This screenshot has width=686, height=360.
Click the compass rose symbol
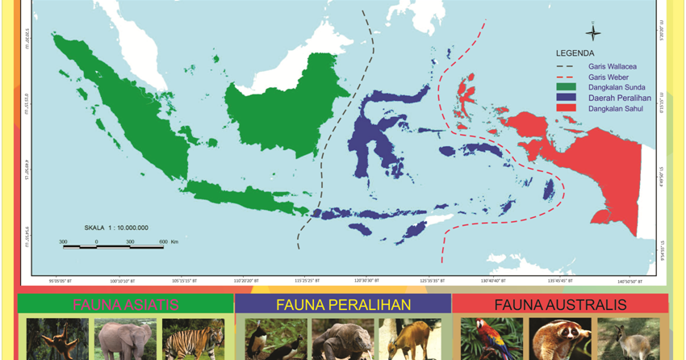593,33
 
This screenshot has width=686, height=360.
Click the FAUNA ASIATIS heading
126,304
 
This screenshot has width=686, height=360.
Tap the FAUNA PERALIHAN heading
343,304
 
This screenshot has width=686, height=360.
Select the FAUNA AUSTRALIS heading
560,304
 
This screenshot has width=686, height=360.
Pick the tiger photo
193,339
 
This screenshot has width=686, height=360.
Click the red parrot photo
491,339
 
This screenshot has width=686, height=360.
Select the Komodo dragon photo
342,339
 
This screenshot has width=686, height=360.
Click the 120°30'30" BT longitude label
366,281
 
